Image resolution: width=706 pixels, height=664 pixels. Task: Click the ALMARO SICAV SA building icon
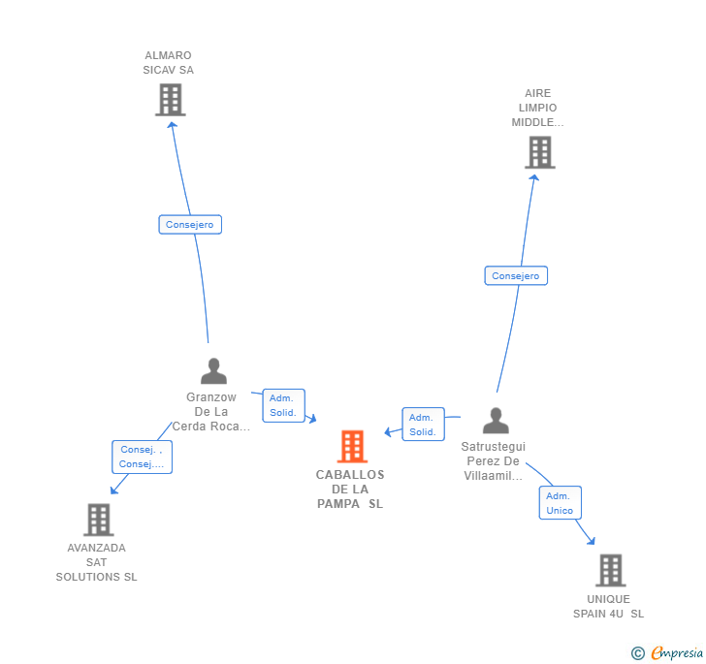click(x=170, y=99)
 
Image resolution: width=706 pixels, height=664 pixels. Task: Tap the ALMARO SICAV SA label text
click(x=169, y=63)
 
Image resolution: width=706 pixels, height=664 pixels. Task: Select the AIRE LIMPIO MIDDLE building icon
click(x=539, y=152)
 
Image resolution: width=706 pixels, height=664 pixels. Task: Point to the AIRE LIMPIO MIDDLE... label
click(x=537, y=108)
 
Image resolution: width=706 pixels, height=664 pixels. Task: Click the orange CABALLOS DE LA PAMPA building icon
click(x=352, y=446)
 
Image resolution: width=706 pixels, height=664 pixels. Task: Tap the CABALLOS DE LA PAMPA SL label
click(x=350, y=489)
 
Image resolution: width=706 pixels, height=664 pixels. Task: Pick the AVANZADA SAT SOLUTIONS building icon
click(x=98, y=520)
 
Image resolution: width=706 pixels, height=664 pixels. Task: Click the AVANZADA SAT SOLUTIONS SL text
click(x=97, y=562)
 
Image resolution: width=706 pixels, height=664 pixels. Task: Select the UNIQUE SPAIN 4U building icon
click(x=610, y=570)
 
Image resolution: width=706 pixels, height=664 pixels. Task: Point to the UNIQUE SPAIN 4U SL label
click(x=608, y=606)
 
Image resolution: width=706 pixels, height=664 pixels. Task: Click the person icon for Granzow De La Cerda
click(x=213, y=371)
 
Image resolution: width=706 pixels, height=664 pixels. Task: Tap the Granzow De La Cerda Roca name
click(x=211, y=411)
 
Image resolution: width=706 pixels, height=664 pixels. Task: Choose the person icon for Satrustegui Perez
click(x=496, y=421)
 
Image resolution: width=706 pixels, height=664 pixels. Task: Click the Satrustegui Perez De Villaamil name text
click(x=493, y=461)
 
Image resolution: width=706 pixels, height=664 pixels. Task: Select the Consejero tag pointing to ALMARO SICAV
click(x=190, y=225)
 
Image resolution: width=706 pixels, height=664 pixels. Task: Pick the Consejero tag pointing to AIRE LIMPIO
click(x=516, y=276)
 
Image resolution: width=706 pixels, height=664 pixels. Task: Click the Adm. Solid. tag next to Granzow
click(x=283, y=405)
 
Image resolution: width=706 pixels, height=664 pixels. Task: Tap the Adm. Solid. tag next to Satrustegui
click(x=423, y=425)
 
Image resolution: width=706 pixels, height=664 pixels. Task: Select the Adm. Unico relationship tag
click(x=560, y=503)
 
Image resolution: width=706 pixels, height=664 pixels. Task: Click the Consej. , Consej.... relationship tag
click(x=142, y=457)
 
